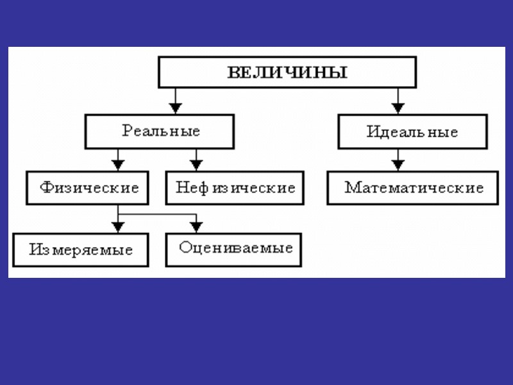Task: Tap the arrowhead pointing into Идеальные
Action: coord(398,107)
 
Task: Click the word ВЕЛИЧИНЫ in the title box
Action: coord(287,71)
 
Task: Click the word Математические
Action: coord(414,188)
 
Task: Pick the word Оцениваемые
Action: coord(236,248)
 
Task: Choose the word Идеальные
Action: coord(412,132)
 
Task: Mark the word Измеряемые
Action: coord(81,250)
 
